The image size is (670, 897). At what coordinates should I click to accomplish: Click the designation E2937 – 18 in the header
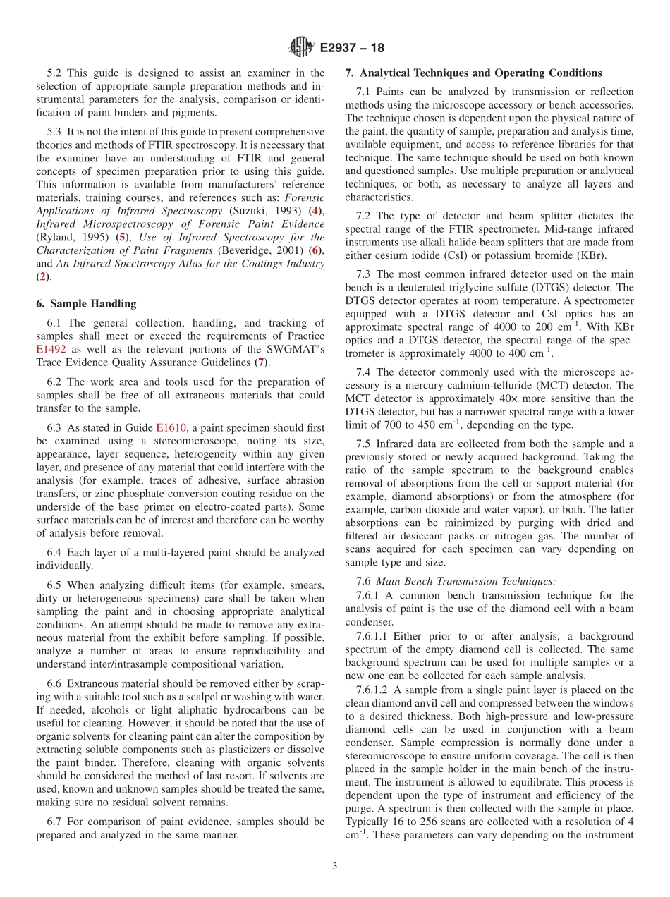pyautogui.click(x=352, y=49)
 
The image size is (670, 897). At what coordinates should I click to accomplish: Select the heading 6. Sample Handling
pyautogui.click(x=86, y=303)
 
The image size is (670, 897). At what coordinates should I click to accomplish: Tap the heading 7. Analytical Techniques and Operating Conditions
pyautogui.click(x=473, y=73)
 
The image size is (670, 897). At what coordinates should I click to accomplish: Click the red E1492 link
pyautogui.click(x=51, y=349)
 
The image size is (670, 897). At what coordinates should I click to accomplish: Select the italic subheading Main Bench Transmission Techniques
pyautogui.click(x=465, y=581)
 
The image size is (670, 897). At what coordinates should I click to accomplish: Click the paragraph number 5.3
pyautogui.click(x=56, y=131)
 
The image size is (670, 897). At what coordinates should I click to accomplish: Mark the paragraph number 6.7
pyautogui.click(x=56, y=822)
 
